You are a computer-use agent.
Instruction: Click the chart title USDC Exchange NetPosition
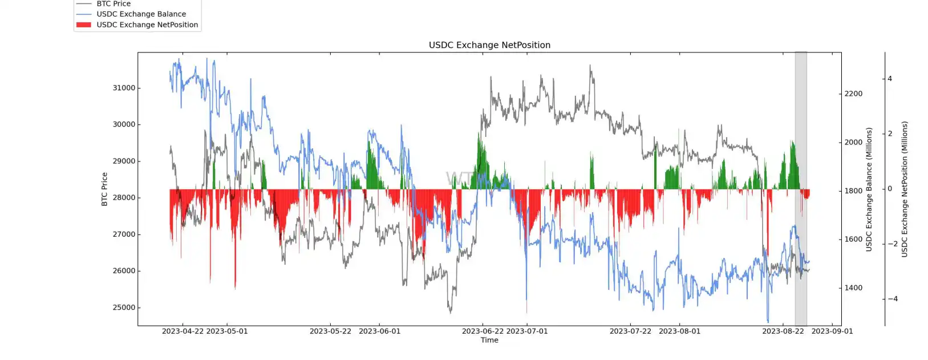[489, 45]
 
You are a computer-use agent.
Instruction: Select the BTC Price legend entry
[114, 4]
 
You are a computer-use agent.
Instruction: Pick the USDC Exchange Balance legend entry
[141, 14]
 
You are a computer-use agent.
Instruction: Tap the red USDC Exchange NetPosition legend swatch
[84, 25]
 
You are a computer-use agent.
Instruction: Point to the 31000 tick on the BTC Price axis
[124, 88]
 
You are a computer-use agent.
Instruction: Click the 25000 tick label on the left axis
[124, 308]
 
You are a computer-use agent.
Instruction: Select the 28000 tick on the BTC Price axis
[124, 198]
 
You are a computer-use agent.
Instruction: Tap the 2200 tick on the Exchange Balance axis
[853, 94]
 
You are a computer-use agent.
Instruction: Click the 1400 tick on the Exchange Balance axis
[853, 288]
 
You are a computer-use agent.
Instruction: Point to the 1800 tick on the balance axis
[853, 191]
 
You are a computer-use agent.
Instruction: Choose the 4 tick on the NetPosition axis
[890, 79]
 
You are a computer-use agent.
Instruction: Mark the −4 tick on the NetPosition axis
[892, 299]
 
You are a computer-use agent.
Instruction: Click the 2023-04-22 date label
[183, 331]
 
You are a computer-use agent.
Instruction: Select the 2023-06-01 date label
[379, 331]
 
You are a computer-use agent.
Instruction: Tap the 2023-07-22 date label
[630, 331]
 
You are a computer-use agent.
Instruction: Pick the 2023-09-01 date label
[832, 331]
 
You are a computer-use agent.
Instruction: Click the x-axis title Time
[489, 340]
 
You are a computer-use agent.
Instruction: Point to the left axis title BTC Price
[104, 189]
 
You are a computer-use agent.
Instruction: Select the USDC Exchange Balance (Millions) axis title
[869, 189]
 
